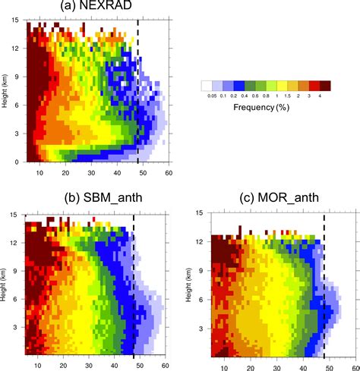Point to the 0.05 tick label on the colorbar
pyautogui.click(x=206, y=96)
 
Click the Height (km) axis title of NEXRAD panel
pyautogui.click(x=5, y=91)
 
